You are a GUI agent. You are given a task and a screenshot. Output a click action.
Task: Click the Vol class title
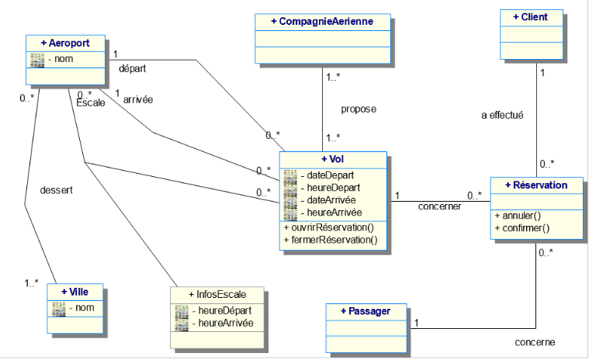coord(332,158)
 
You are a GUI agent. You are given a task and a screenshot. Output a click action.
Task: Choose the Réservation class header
coord(536,185)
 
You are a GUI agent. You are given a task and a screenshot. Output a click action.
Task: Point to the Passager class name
coord(366,311)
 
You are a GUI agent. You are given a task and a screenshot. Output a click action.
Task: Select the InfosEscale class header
coord(217,295)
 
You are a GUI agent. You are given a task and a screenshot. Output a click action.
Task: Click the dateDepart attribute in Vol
coord(332,175)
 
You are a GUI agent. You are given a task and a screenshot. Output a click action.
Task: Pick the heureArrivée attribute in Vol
coord(334,212)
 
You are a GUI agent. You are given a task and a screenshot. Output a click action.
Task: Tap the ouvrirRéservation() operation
coord(330,227)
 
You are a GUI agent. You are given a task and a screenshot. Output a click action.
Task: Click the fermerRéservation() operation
coord(331,240)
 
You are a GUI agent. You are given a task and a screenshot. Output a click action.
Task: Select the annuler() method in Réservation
coord(516,215)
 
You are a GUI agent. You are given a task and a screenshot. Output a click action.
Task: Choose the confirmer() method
coord(521,228)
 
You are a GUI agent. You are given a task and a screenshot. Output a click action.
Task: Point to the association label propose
coord(359,109)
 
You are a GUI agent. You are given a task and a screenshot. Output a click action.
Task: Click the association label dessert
coord(56,189)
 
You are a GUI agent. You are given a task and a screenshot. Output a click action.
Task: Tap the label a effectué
coord(502,116)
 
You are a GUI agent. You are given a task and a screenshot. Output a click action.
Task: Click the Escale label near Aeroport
coord(90,102)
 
